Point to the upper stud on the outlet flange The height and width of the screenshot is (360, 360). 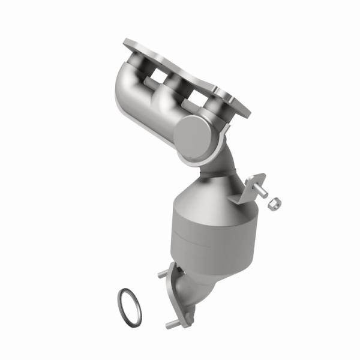pyautogui.click(x=162, y=275)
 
